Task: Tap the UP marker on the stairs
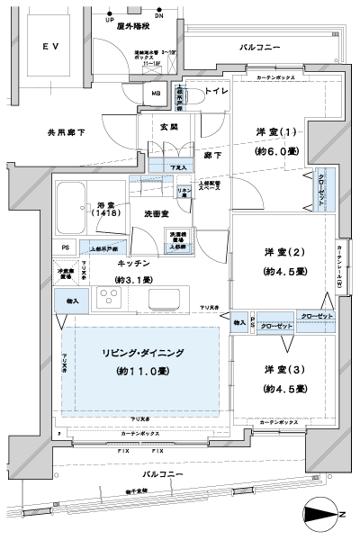(x=110, y=18)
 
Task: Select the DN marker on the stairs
(x=160, y=18)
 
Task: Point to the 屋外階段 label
(x=134, y=28)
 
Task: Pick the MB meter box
(x=155, y=94)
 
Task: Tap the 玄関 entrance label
(x=168, y=127)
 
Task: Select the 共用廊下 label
(x=66, y=132)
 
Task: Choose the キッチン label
(x=133, y=263)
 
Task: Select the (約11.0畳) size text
(x=139, y=372)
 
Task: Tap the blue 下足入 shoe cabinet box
(x=180, y=167)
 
